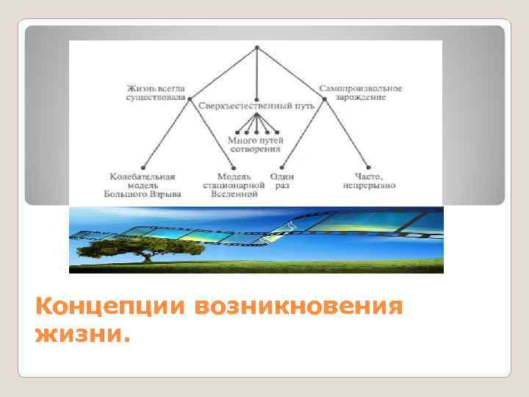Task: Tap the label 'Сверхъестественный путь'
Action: [x=256, y=107]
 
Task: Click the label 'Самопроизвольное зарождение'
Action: [x=361, y=93]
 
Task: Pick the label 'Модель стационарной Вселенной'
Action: [x=234, y=186]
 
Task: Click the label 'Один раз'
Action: [x=281, y=181]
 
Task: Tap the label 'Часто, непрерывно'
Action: [x=369, y=181]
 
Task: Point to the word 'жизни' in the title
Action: [x=80, y=336]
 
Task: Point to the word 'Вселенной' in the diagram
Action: [x=234, y=195]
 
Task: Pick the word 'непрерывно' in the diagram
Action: [x=369, y=186]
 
